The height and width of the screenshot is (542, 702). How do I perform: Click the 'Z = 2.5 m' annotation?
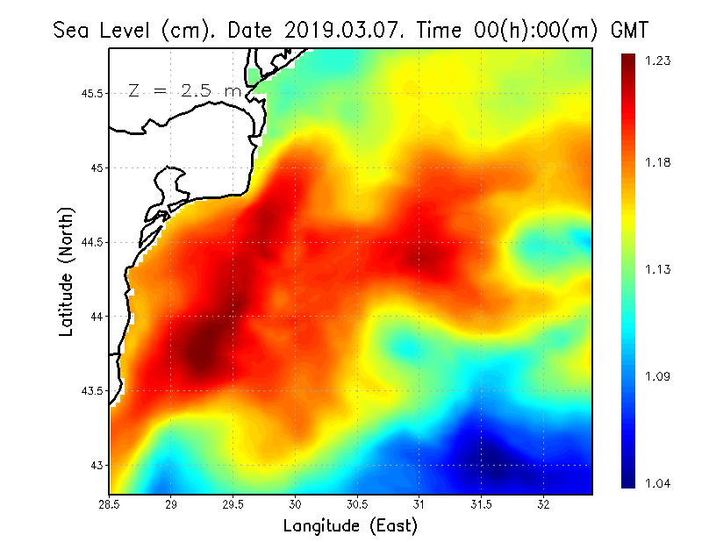click(184, 91)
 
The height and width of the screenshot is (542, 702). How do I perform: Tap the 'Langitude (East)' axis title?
click(350, 526)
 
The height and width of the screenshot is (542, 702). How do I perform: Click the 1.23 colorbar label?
click(659, 61)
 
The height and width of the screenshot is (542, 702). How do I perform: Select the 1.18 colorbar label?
click(659, 162)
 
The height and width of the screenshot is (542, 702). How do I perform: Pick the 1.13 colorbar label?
click(659, 269)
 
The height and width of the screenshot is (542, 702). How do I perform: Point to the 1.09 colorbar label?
click(659, 377)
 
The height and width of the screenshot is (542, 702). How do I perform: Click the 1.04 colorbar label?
click(659, 483)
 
